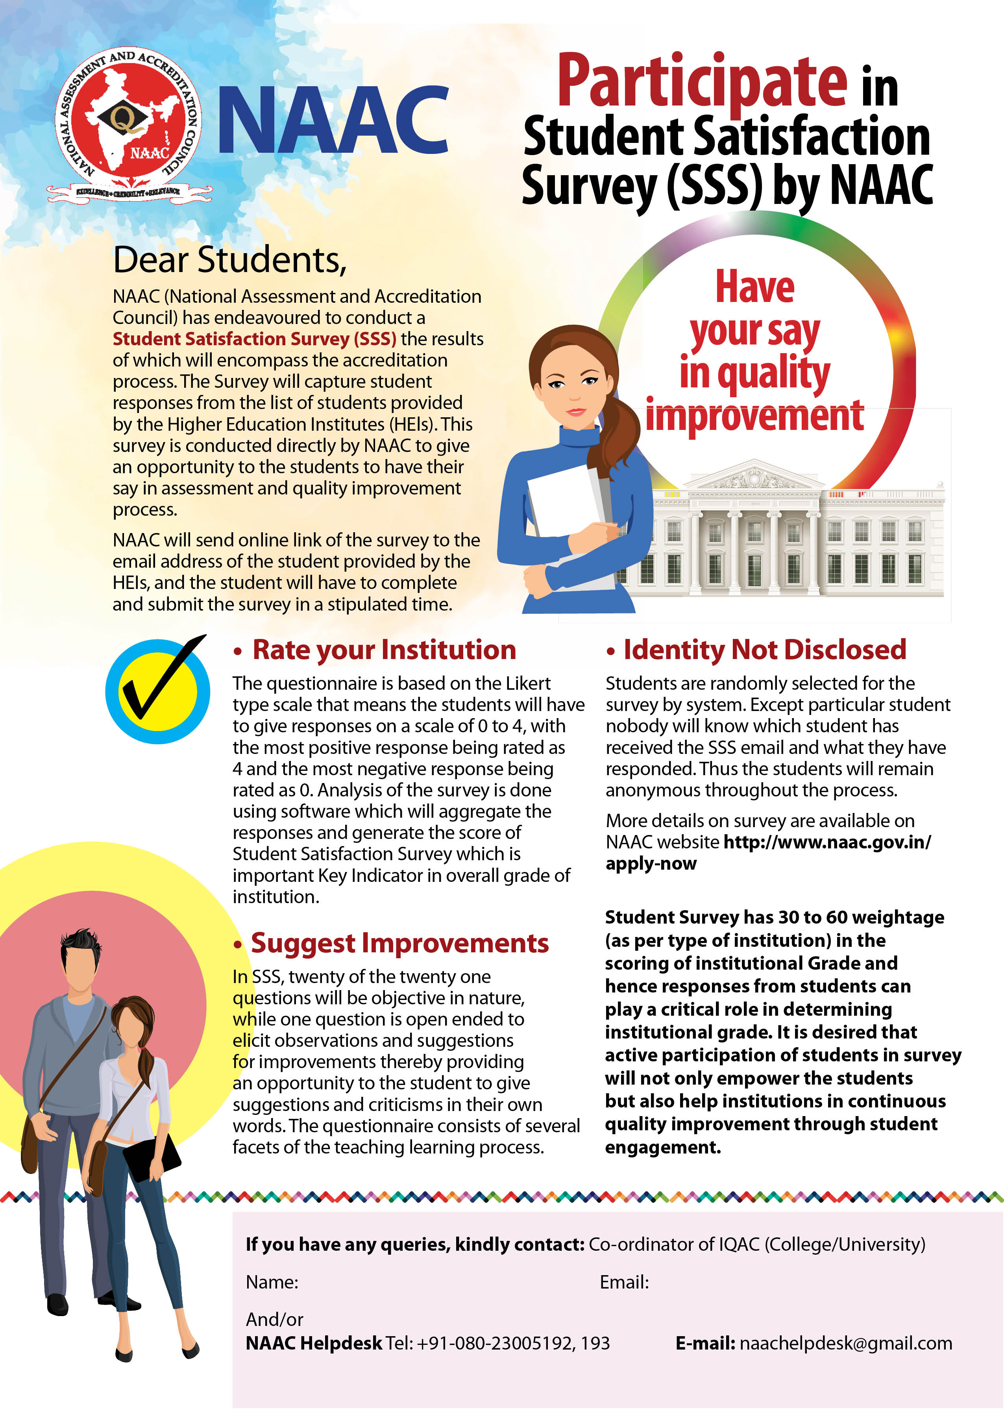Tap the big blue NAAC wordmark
333,119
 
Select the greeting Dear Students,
229,260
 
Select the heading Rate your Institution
383,650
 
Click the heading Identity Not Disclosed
764,650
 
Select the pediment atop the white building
754,476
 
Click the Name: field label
272,1282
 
